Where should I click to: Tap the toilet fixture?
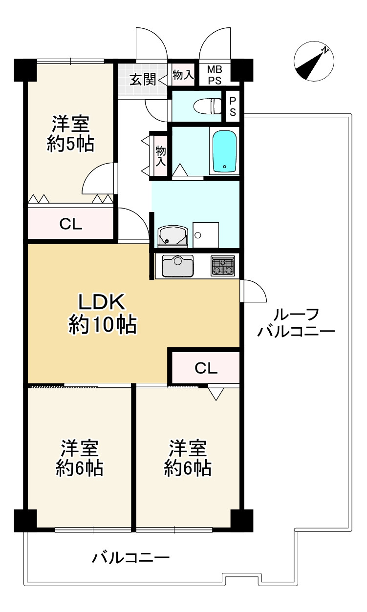coord(208,106)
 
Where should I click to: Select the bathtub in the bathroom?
coord(224,151)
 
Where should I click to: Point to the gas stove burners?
coord(223,267)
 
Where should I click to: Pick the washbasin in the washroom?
coord(172,236)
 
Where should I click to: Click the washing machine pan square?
coord(205,235)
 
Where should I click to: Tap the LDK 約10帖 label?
coord(103,313)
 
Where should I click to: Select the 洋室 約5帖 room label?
coord(70,133)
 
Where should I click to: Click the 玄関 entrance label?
coord(143,79)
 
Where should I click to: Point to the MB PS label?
coord(215,75)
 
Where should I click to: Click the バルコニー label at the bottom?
coord(130,557)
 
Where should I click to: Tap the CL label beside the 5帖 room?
coord(71,224)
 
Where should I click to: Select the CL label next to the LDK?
coord(206,368)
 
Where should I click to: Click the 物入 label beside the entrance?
coord(183,75)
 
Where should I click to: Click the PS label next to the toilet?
coord(233,106)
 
